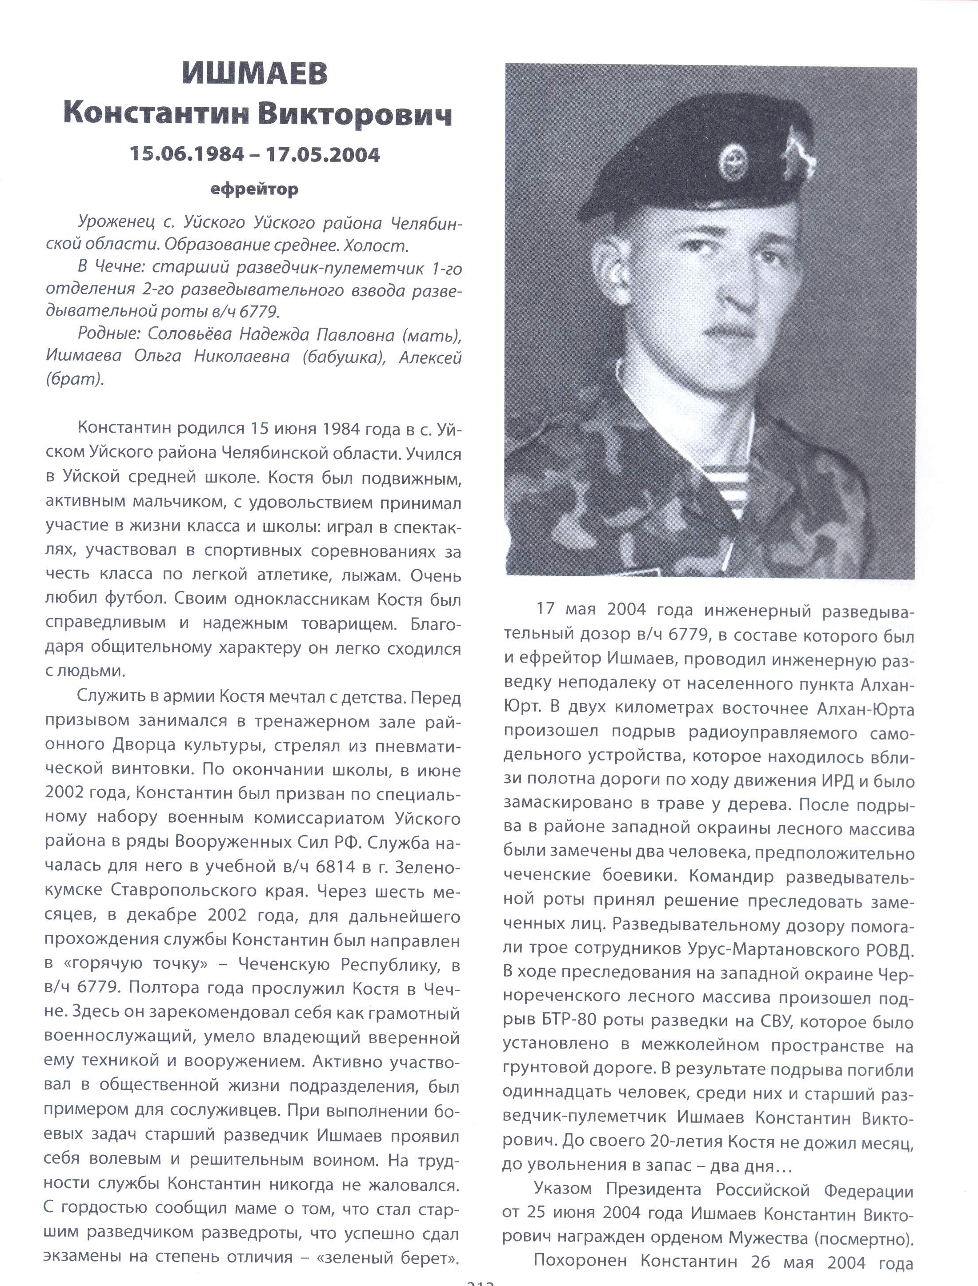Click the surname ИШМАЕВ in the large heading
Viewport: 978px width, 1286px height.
256,74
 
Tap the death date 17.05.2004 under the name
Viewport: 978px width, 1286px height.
323,154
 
